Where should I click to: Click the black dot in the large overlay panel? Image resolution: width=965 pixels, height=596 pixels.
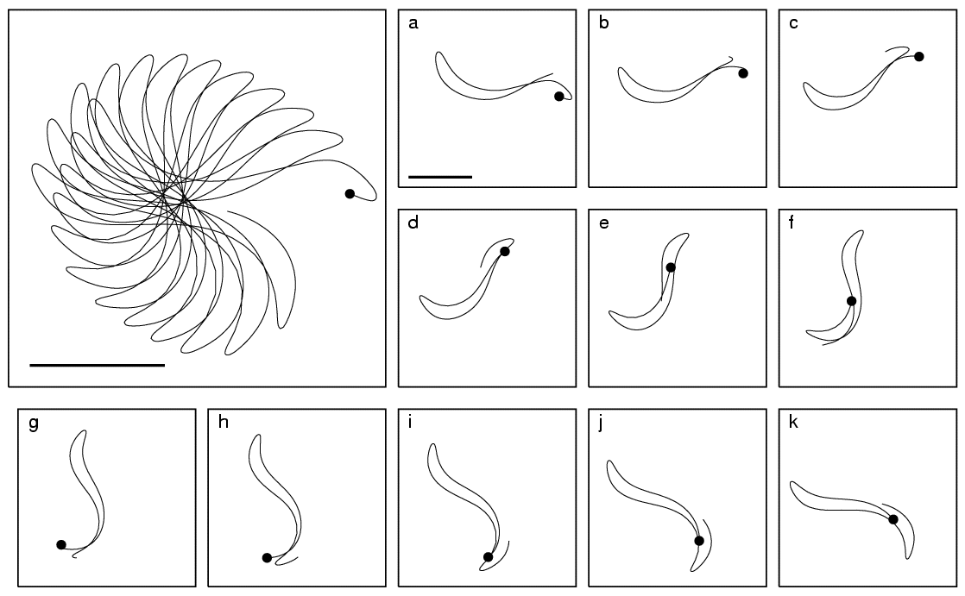tap(350, 194)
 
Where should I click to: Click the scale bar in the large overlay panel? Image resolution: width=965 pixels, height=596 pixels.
tap(98, 366)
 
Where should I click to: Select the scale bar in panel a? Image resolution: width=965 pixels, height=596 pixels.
tap(440, 177)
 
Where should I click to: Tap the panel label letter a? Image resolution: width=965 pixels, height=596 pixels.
tap(413, 24)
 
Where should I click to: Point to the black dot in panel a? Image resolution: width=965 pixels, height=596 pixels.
tap(558, 96)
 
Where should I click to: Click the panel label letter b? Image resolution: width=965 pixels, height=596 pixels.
tap(603, 22)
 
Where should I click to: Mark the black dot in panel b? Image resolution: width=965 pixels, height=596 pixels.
tap(743, 73)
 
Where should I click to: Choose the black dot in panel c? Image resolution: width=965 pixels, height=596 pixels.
tap(919, 57)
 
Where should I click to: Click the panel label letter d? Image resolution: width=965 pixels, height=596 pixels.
tap(413, 222)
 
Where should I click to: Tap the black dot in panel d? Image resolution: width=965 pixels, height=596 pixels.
tap(505, 251)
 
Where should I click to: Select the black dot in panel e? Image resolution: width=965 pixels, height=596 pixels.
tap(671, 267)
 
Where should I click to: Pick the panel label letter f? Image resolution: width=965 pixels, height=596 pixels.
tap(792, 222)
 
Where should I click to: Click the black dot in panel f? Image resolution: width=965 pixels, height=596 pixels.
tap(851, 301)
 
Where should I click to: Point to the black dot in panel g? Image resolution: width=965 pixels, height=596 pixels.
tap(61, 544)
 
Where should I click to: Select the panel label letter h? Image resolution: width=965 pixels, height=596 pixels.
tap(224, 422)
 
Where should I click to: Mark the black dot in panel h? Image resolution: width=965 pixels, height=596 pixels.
tap(267, 558)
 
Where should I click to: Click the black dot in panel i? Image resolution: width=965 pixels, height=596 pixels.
tap(488, 557)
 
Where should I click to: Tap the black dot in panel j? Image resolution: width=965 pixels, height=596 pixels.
tap(698, 541)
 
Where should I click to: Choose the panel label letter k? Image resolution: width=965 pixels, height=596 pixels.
tap(793, 422)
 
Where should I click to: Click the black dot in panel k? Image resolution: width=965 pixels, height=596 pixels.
tap(893, 520)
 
